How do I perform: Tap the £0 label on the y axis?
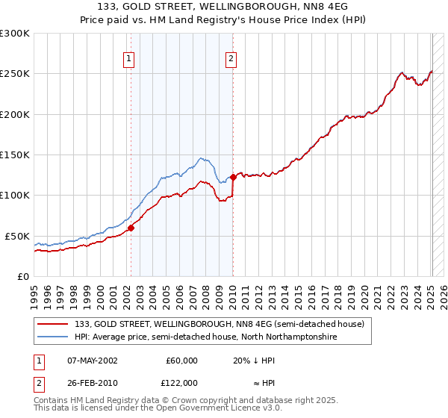point(22,276)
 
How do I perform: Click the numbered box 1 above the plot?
point(129,59)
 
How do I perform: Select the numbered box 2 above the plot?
point(231,59)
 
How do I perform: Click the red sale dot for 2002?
point(131,228)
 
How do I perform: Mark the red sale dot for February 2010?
point(233,177)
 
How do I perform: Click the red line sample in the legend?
point(53,324)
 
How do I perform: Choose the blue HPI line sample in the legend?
point(53,337)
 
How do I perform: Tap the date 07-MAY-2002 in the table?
point(92,360)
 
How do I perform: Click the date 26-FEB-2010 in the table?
point(92,382)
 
